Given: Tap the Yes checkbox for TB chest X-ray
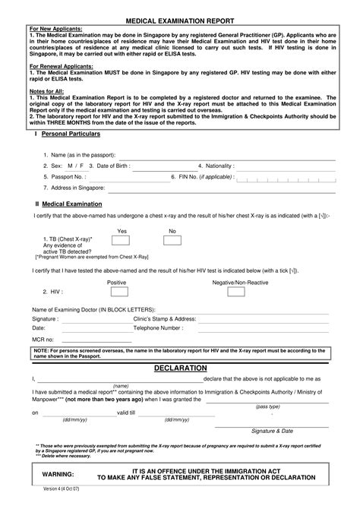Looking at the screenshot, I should point(120,242).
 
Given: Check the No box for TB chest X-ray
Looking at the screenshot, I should point(172,242).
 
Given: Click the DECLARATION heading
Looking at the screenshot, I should point(180,368).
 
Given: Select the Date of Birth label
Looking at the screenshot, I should point(112,165).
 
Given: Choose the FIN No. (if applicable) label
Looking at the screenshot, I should point(205,175).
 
